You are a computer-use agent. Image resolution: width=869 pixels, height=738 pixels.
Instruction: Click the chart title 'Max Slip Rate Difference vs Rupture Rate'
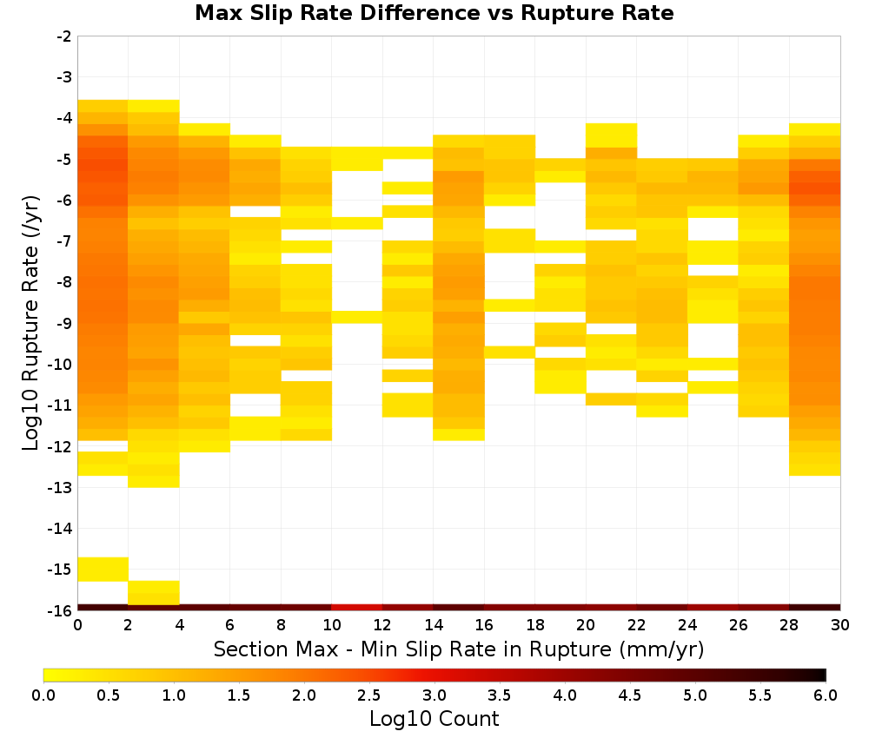(434, 13)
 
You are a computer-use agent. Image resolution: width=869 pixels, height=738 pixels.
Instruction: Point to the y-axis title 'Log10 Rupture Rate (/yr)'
(31, 322)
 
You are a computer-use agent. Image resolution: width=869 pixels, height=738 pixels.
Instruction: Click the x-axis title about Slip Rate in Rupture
(458, 649)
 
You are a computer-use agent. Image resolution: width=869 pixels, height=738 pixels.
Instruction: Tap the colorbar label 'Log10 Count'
(434, 719)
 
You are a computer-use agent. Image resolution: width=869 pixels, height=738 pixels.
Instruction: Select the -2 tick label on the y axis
(64, 36)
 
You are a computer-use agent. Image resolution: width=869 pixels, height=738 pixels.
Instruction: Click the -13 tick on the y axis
(61, 488)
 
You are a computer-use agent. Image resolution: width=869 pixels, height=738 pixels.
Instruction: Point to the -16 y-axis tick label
(61, 610)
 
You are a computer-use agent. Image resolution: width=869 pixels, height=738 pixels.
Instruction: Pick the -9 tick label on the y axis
(64, 324)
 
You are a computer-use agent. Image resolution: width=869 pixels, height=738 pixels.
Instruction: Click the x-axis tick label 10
(331, 625)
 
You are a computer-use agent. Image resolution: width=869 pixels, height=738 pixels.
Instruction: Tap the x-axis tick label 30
(840, 625)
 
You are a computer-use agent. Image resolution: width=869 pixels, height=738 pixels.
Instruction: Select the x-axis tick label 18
(534, 625)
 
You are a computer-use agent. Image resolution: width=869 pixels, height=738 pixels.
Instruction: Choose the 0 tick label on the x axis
(77, 625)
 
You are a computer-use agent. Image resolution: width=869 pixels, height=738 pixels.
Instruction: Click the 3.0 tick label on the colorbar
(434, 695)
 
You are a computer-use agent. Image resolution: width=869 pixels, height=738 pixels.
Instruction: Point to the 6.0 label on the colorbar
(826, 695)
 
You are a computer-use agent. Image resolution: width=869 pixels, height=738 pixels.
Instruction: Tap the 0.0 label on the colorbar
(43, 695)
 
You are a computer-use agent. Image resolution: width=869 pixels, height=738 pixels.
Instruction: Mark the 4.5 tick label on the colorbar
(630, 695)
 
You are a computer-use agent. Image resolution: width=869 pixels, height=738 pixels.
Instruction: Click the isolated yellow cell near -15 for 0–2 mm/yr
(103, 570)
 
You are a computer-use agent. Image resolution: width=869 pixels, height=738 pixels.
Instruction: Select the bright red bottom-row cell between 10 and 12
(357, 608)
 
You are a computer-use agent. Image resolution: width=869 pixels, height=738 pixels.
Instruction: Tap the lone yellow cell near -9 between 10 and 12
(357, 317)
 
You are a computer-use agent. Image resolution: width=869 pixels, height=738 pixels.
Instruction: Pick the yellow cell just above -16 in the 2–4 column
(154, 593)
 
